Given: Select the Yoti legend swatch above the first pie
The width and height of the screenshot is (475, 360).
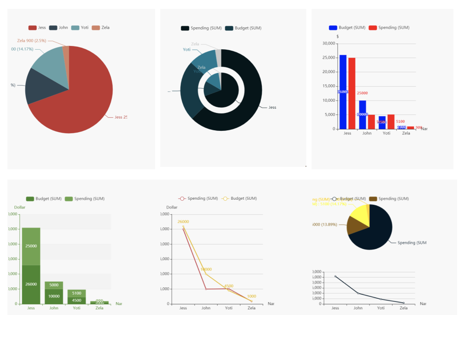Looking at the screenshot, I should (75, 28).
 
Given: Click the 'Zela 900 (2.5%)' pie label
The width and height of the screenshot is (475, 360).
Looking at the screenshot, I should (31, 41).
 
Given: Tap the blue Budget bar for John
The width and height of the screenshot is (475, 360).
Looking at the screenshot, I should (363, 114).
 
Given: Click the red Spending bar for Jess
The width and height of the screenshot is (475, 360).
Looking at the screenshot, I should (352, 93).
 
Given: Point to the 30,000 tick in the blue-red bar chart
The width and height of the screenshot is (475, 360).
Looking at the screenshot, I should (329, 44).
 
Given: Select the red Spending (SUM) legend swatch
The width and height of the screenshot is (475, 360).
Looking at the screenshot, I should (373, 28).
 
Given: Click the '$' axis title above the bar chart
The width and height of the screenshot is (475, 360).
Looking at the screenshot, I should (338, 37).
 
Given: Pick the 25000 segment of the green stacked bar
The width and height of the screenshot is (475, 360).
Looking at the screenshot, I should (31, 246).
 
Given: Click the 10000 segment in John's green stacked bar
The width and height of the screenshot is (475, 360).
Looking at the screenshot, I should (54, 296).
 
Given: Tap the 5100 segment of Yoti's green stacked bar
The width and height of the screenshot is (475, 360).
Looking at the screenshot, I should (76, 293).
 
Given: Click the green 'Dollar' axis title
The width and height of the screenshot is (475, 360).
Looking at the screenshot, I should (20, 207).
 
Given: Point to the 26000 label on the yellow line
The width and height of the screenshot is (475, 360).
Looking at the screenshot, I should (183, 222).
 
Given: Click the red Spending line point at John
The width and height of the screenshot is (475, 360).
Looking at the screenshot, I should (206, 289).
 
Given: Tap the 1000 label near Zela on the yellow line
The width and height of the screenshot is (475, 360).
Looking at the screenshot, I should (252, 296).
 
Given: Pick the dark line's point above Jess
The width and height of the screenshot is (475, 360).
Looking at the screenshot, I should (335, 277).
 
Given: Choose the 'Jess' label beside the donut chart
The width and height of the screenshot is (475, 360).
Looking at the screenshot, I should (272, 107).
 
